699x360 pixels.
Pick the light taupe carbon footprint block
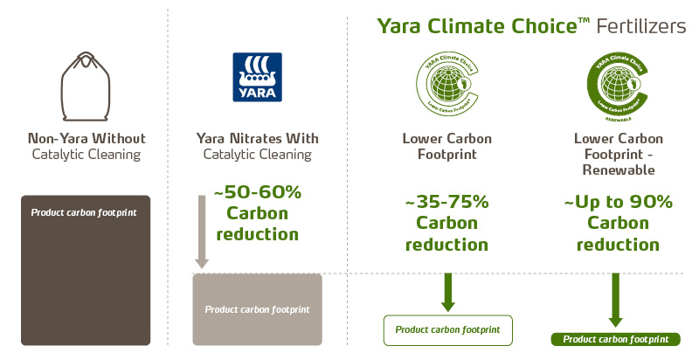[x=257, y=309]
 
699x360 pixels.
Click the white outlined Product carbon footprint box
[x=447, y=330]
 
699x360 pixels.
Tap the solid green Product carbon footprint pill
[x=615, y=339]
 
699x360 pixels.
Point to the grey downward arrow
[x=202, y=236]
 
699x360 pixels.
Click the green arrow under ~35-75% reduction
[x=447, y=292]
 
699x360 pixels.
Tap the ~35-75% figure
[x=447, y=202]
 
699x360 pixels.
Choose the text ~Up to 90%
[x=618, y=202]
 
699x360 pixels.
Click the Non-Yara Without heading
[x=86, y=139]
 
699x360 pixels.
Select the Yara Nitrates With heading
[x=257, y=139]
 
